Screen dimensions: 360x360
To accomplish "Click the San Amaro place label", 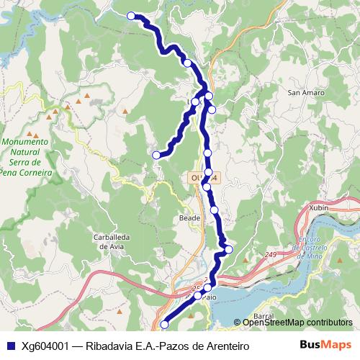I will click(306, 93).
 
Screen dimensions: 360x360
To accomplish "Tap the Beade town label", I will click(189, 216).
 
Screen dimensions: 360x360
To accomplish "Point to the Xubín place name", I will click(318, 207).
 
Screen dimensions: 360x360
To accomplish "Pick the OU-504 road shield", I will click(204, 176).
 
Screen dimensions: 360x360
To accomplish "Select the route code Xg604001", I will click(45, 346).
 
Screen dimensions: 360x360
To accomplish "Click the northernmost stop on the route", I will click(131, 16).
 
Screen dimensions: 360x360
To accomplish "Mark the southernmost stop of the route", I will click(165, 325).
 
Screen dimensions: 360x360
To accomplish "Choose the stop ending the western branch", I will click(156, 155).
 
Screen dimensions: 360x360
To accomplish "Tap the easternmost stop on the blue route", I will click(229, 250).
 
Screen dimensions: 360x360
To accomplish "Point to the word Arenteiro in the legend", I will click(225, 346).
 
